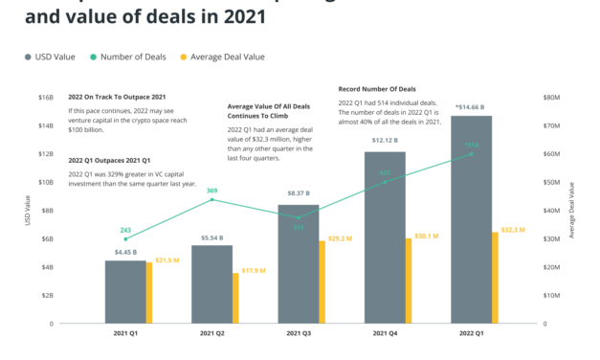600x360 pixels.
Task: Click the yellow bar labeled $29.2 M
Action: click(322, 281)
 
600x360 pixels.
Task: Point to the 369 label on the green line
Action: click(212, 191)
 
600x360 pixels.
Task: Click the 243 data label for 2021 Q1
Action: click(125, 230)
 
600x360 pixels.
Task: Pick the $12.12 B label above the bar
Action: click(384, 141)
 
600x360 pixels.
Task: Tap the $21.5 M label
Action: click(168, 259)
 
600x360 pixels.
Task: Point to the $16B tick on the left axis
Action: click(44, 97)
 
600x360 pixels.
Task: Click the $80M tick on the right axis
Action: click(552, 97)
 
